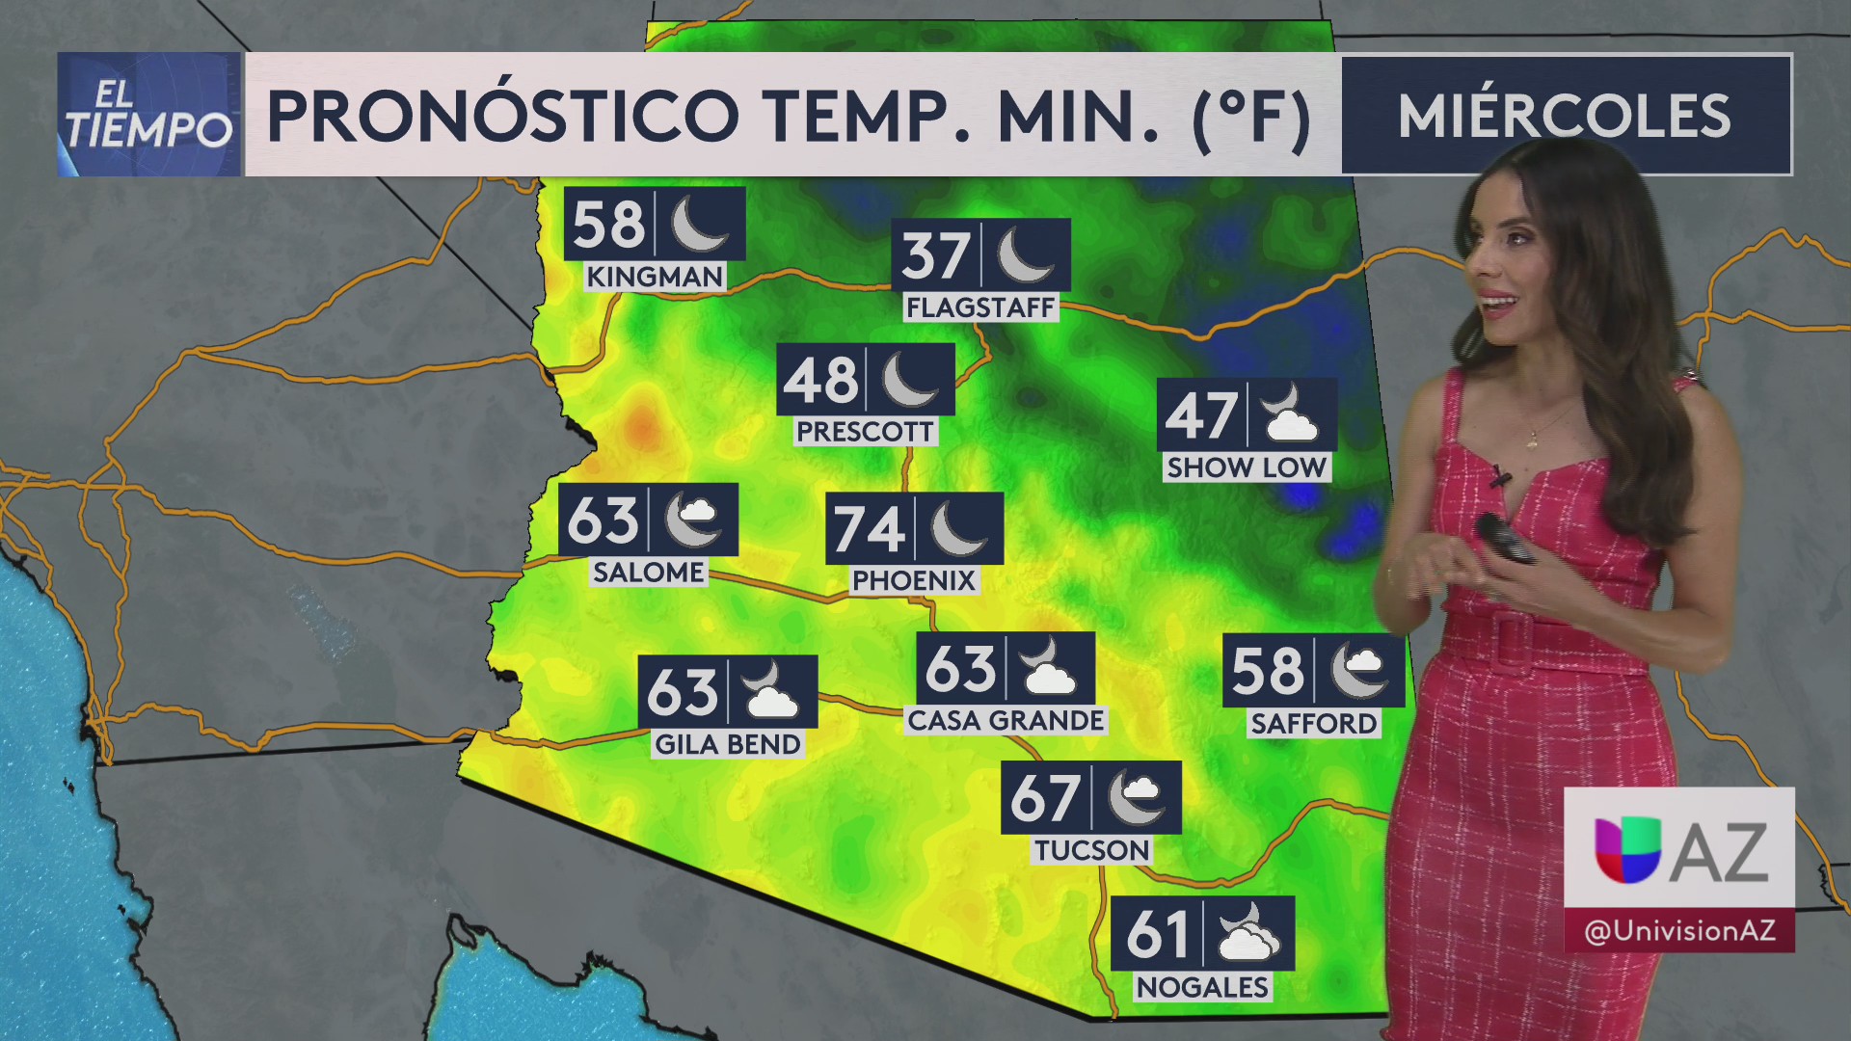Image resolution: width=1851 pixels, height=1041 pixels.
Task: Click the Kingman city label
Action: click(x=655, y=277)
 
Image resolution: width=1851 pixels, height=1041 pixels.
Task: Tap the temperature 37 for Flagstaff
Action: click(x=935, y=255)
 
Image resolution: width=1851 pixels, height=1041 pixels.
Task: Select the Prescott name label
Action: click(x=865, y=432)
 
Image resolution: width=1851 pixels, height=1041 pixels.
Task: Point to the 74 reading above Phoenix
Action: click(x=869, y=529)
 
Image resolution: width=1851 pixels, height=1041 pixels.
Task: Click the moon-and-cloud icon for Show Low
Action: click(x=1290, y=414)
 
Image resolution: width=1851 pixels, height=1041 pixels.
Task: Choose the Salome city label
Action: click(x=648, y=573)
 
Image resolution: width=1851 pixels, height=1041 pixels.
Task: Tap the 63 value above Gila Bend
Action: click(x=683, y=692)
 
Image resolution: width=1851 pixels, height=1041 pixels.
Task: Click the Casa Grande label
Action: click(x=1006, y=721)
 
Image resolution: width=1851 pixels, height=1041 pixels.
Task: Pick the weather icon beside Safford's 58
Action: click(x=1359, y=670)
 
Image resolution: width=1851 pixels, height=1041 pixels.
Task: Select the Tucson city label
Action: click(x=1091, y=850)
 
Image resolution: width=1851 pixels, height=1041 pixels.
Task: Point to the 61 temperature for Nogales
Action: click(x=1158, y=934)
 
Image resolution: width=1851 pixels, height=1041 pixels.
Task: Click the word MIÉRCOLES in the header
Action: click(x=1564, y=116)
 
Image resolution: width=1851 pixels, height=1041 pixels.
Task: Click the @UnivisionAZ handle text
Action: click(x=1678, y=931)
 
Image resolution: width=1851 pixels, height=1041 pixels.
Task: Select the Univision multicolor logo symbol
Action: click(x=1627, y=849)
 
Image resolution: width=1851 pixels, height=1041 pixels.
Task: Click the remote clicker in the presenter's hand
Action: click(x=1504, y=538)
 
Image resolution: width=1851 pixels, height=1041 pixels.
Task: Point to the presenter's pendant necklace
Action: click(x=1533, y=440)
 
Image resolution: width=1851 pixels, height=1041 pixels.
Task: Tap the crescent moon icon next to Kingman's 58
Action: click(x=698, y=224)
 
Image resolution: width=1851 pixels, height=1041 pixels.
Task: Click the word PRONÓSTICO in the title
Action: click(x=502, y=116)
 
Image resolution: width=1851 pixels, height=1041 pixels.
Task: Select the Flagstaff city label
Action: click(x=980, y=307)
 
